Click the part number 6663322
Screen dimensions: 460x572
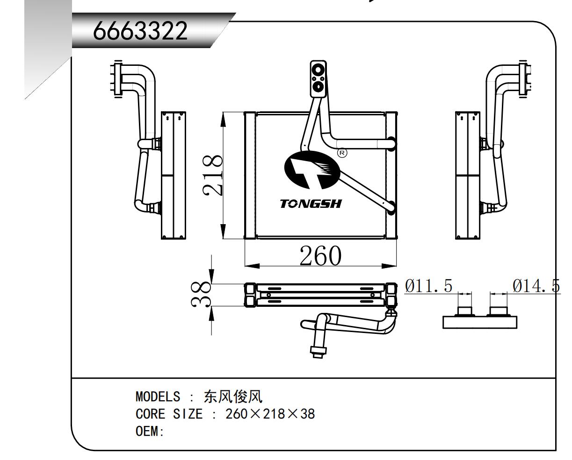coord(140,32)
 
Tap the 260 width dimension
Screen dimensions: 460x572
coord(320,255)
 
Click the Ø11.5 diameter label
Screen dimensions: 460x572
coord(429,286)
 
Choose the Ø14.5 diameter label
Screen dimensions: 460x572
coord(536,286)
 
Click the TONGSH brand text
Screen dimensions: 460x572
coord(311,204)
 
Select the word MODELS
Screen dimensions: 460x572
coord(158,397)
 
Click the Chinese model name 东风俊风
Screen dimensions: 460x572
coord(233,397)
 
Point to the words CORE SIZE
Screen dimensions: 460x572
coord(169,414)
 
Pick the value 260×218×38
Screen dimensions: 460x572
coord(270,414)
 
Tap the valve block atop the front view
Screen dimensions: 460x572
coord(318,79)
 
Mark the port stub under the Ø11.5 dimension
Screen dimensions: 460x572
coord(465,311)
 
